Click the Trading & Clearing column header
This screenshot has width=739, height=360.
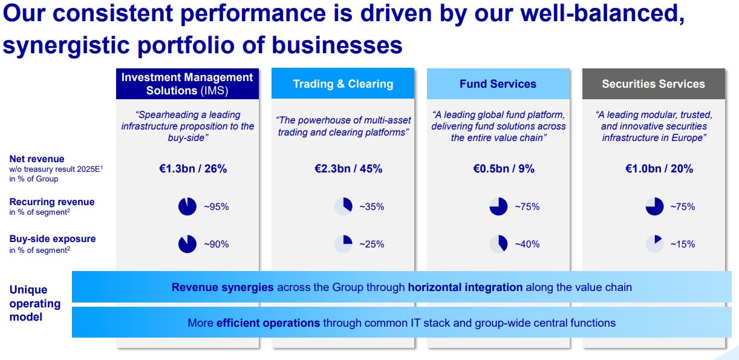pos(343,84)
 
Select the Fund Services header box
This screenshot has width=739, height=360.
pos(498,84)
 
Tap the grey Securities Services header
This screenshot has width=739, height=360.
pos(653,84)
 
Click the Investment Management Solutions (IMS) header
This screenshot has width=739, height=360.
pos(187,84)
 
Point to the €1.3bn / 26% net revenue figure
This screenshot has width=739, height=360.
pos(189,169)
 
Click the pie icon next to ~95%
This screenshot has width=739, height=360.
pos(187,206)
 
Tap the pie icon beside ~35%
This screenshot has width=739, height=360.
pos(343,206)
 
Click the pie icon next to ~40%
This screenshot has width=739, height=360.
pos(498,244)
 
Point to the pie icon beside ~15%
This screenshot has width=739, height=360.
pos(654,244)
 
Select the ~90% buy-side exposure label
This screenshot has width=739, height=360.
pos(216,244)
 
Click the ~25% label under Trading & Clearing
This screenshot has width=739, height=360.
pos(372,244)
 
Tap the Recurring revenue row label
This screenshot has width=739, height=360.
pos(52,202)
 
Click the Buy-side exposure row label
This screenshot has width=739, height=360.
pos(53,239)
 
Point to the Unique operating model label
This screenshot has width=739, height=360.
pos(35,303)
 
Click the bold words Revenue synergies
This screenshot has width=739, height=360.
pos(223,287)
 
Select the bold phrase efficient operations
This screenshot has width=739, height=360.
pos(268,323)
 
